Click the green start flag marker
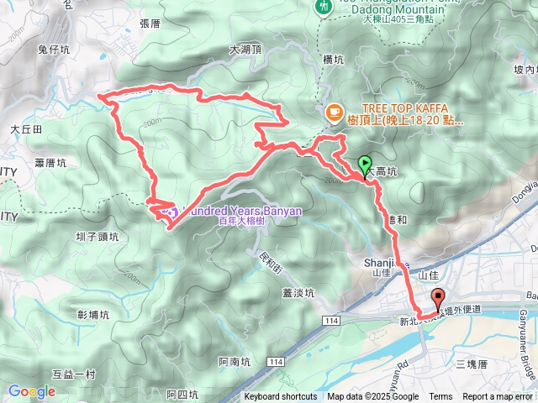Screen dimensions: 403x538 click(365, 165)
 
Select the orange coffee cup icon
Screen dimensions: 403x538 click(334, 110)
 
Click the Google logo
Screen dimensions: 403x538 click(31, 391)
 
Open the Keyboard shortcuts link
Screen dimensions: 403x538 click(282, 397)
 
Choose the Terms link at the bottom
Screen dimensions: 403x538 click(440, 397)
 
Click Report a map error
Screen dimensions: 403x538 click(498, 397)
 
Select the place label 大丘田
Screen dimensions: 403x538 click(26, 129)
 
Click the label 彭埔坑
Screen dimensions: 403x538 click(92, 315)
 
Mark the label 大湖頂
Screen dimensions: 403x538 click(245, 50)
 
